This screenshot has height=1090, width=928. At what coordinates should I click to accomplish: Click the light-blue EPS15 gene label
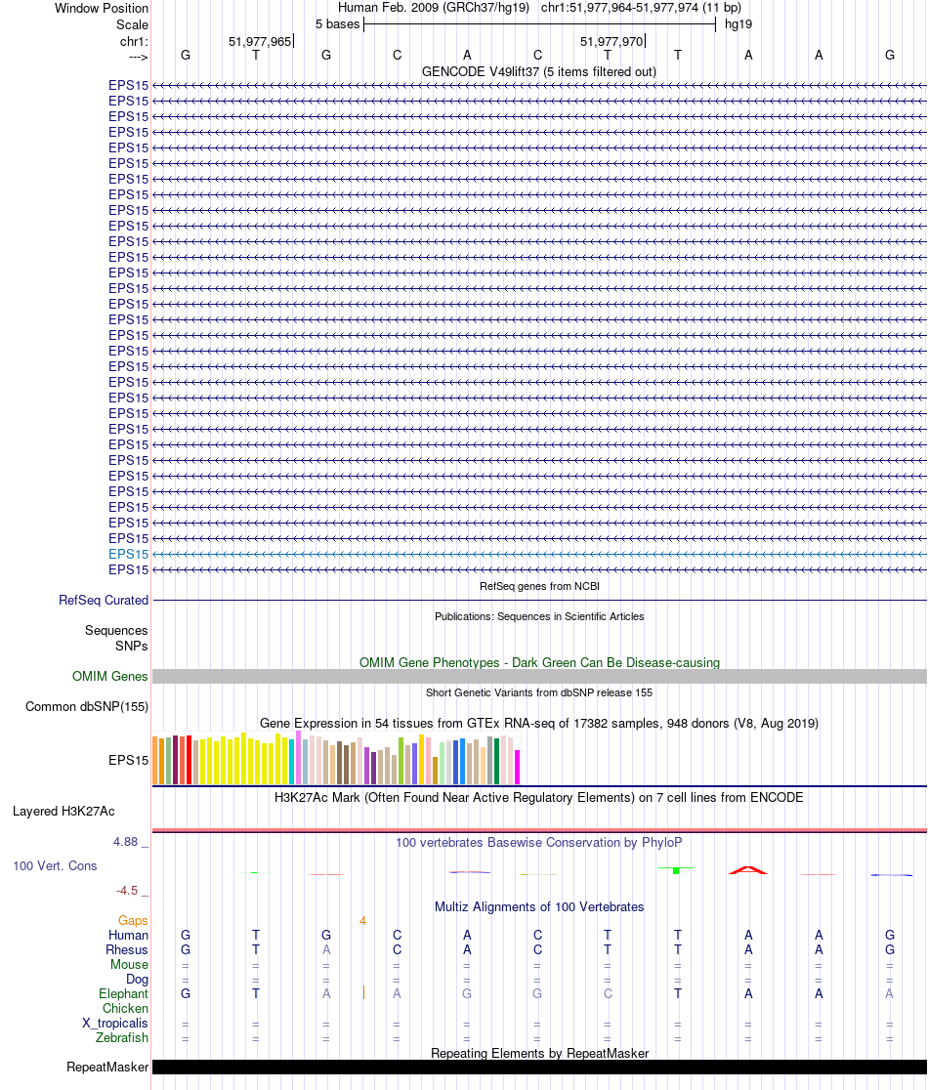(129, 554)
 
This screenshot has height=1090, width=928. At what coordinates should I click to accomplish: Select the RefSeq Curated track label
(104, 601)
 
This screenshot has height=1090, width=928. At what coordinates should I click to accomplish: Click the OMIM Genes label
(110, 676)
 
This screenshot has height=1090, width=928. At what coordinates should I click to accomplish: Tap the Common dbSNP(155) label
(87, 707)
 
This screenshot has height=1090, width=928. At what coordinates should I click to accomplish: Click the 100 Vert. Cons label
(55, 866)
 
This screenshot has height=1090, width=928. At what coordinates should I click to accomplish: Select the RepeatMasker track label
(107, 1068)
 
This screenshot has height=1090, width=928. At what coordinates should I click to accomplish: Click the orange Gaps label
(133, 920)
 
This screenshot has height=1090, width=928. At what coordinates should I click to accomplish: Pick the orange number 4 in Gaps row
(362, 920)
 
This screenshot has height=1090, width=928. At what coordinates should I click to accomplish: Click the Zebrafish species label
(123, 1038)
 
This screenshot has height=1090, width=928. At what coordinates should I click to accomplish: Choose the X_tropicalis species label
(115, 1023)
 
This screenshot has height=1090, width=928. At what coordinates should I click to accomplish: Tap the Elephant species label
(124, 993)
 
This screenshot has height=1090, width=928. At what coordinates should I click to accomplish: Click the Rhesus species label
(127, 949)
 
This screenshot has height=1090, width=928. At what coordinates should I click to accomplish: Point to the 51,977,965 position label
(259, 42)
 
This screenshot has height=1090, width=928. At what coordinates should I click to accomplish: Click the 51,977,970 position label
(612, 42)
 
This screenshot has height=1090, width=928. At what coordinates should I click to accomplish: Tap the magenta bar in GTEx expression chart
(518, 767)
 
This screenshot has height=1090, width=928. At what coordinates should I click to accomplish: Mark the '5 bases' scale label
(337, 23)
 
